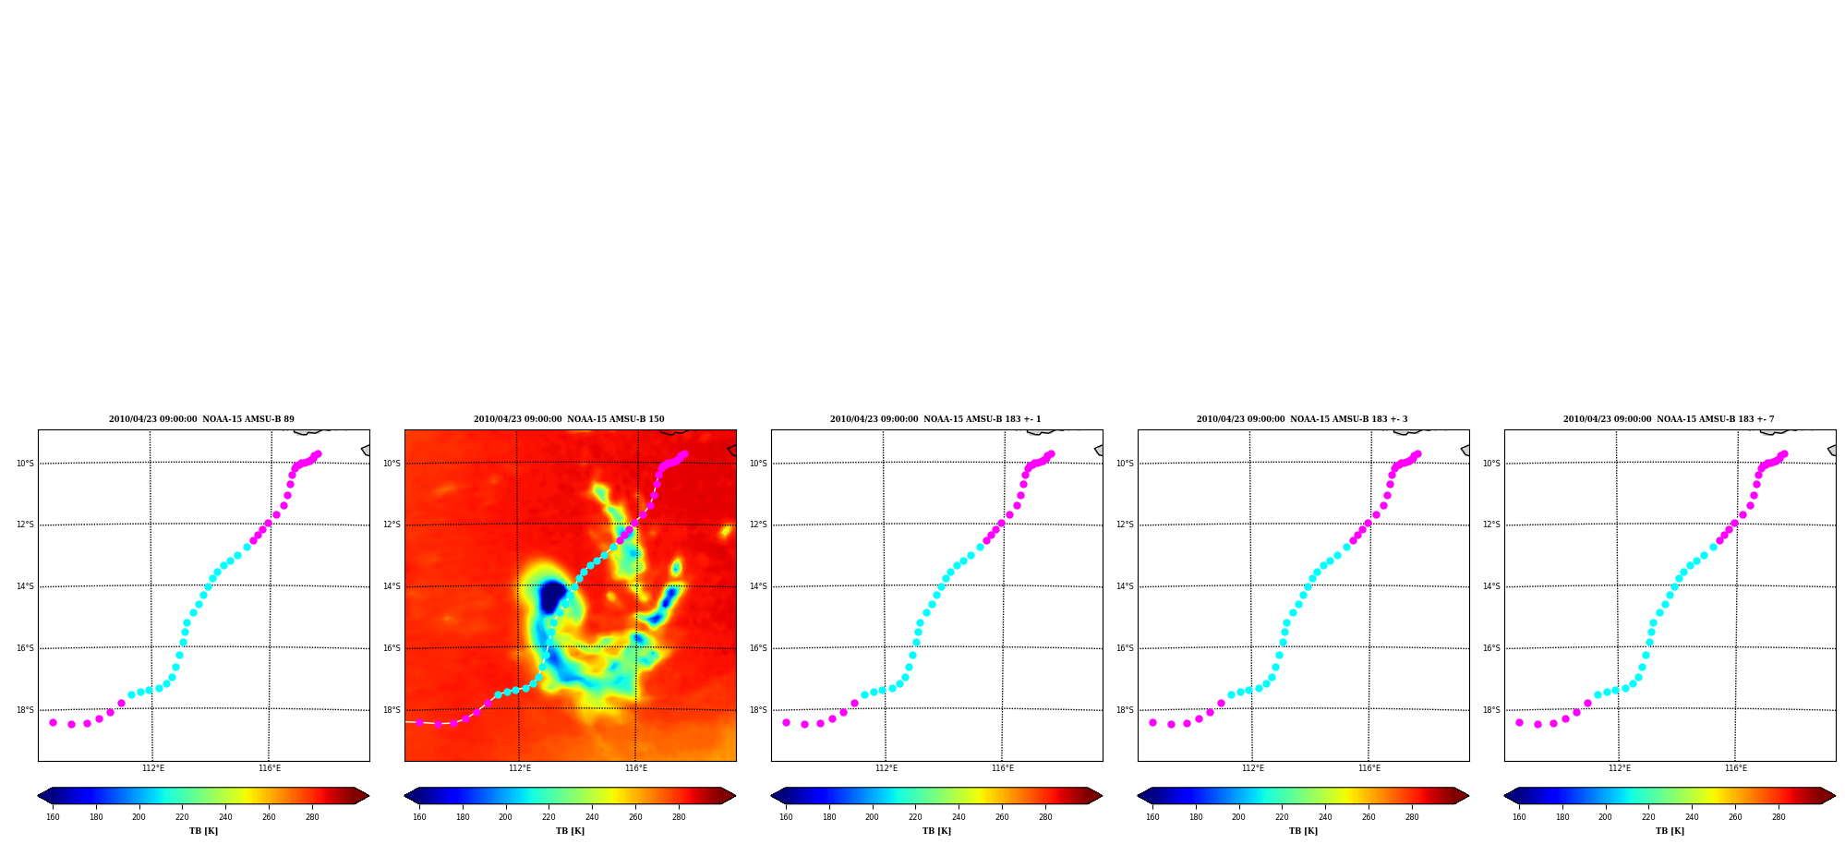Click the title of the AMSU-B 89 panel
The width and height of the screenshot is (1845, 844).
201,419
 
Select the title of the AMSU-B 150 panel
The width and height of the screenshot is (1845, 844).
569,419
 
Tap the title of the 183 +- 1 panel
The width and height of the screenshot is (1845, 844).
935,419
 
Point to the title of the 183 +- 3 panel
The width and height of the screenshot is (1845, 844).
1302,419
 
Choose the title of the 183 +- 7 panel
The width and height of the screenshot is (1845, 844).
1669,419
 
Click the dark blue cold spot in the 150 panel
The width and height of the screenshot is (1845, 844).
552,597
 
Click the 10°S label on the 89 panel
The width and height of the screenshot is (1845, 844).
25,464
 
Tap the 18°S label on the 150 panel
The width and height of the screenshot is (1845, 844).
392,710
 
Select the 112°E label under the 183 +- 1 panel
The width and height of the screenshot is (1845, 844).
886,768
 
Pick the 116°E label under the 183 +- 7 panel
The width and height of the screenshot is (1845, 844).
1736,768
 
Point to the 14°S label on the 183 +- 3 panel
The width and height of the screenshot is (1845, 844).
1125,586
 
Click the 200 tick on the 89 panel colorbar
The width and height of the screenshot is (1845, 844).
139,816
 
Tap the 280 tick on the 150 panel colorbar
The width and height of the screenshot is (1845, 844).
679,816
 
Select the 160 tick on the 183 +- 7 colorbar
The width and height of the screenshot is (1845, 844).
1519,816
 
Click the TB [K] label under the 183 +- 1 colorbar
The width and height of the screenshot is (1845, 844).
936,831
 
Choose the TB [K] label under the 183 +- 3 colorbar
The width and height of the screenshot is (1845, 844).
1303,831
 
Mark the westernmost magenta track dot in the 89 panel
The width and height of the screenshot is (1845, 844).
53,722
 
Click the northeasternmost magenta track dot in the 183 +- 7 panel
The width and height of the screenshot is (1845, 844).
1784,453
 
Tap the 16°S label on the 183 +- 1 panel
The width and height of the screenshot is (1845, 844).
758,648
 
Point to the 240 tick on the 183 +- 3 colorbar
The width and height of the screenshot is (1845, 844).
1325,816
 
